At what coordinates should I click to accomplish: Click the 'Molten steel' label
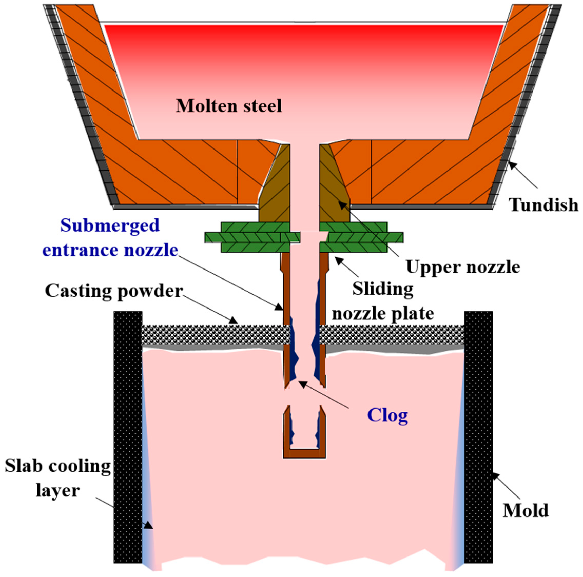point(229,106)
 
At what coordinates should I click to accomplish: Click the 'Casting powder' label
point(114,291)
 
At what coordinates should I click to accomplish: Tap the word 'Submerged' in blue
point(110,225)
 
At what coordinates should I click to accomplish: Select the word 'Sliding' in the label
point(383,289)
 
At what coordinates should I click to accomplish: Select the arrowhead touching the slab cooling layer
point(149,525)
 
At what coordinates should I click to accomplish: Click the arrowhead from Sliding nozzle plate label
point(338,259)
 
